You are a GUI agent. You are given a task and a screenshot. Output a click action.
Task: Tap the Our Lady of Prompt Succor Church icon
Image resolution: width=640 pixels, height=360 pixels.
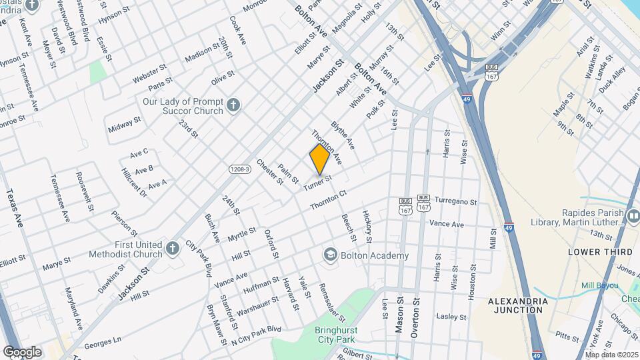point(233,105)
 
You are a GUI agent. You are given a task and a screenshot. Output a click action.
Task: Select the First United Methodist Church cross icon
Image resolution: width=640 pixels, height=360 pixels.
point(172,249)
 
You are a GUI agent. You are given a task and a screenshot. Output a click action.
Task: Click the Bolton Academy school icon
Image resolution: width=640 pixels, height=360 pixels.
point(330,255)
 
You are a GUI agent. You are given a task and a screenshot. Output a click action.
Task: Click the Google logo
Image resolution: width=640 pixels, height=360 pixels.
point(22,351)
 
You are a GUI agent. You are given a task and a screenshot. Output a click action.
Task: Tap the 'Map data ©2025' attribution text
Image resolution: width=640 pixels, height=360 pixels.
point(611,354)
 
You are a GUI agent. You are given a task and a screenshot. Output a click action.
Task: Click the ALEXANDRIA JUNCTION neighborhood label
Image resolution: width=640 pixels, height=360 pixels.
point(518,305)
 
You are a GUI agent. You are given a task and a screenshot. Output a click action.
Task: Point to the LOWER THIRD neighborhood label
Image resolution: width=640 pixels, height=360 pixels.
point(600,252)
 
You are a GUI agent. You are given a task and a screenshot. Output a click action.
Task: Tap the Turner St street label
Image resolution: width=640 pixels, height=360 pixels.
point(318,182)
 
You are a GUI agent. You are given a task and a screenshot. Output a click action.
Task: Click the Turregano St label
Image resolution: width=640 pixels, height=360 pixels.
point(456,201)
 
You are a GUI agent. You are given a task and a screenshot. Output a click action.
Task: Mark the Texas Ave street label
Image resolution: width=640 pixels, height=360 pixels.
point(15,207)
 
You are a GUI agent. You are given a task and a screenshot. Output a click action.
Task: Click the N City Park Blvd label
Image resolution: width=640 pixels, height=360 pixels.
point(257,335)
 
